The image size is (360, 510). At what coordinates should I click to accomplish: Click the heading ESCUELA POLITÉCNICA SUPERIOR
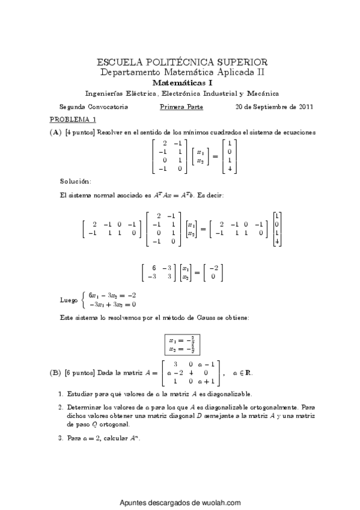(182, 62)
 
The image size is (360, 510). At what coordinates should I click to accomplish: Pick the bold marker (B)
(55, 373)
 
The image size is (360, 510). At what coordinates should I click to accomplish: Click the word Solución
(75, 180)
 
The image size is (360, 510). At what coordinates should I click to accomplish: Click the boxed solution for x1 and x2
(183, 344)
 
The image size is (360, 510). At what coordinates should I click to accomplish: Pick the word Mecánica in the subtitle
(263, 93)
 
